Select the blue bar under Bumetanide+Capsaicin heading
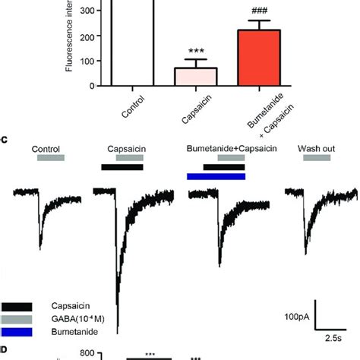point(216,176)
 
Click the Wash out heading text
point(313,147)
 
